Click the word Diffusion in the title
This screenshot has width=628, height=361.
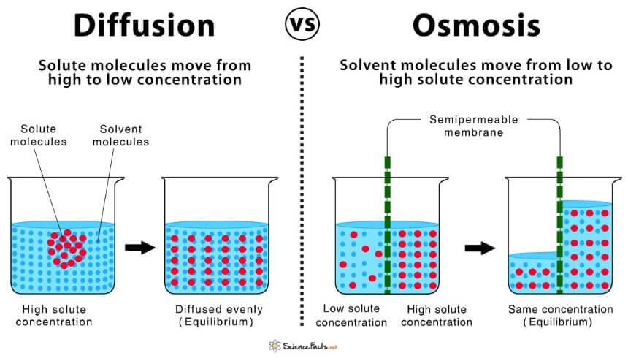(144, 26)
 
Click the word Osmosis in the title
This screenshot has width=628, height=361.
(476, 26)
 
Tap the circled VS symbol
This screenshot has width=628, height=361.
(302, 24)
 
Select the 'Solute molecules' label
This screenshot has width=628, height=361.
(39, 135)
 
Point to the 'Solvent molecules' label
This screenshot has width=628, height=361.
(120, 135)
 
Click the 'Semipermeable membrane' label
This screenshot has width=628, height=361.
(474, 126)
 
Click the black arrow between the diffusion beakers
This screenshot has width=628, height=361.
(139, 248)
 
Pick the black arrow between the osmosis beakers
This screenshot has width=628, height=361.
(480, 248)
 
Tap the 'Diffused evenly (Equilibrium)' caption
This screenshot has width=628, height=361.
(218, 316)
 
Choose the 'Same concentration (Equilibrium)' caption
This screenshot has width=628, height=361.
(560, 316)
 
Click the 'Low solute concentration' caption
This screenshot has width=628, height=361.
(351, 316)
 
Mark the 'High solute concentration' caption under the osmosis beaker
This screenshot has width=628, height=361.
(437, 316)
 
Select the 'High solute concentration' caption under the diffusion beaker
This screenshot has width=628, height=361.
(54, 316)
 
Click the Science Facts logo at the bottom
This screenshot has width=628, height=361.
(303, 346)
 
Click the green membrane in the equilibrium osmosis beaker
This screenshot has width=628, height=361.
(560, 225)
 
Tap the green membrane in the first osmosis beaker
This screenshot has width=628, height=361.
(387, 225)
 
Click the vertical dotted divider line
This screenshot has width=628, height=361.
(302, 191)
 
